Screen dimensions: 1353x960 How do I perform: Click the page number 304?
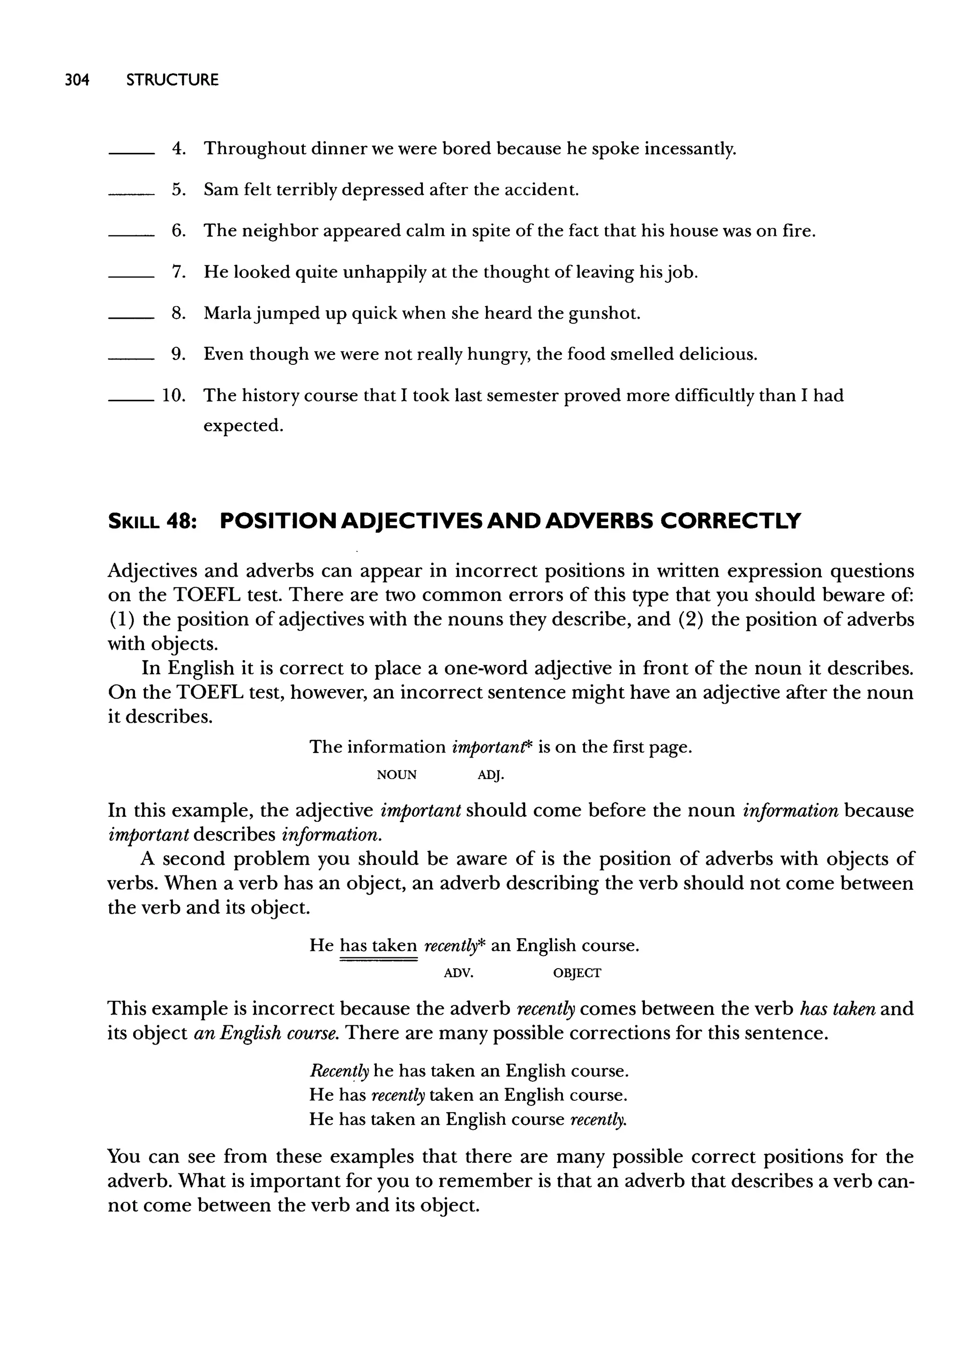(x=76, y=80)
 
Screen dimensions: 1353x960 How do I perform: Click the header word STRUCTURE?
(x=172, y=80)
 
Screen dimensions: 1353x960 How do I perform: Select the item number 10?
(x=174, y=395)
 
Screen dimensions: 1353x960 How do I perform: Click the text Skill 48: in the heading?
(x=152, y=521)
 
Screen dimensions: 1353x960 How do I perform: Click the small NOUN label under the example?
(x=396, y=775)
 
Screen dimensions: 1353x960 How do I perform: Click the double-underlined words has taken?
(x=378, y=946)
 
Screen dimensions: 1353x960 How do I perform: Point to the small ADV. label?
(x=459, y=973)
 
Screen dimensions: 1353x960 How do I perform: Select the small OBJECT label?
(x=577, y=973)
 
